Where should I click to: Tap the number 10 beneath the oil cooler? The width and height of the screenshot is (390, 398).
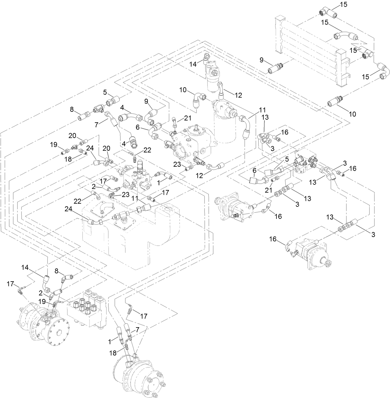(x=352, y=114)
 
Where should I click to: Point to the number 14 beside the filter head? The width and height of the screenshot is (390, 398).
(x=193, y=64)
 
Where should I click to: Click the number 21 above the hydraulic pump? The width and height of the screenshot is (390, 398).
(x=188, y=118)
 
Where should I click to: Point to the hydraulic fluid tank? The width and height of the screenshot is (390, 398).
(x=130, y=236)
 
